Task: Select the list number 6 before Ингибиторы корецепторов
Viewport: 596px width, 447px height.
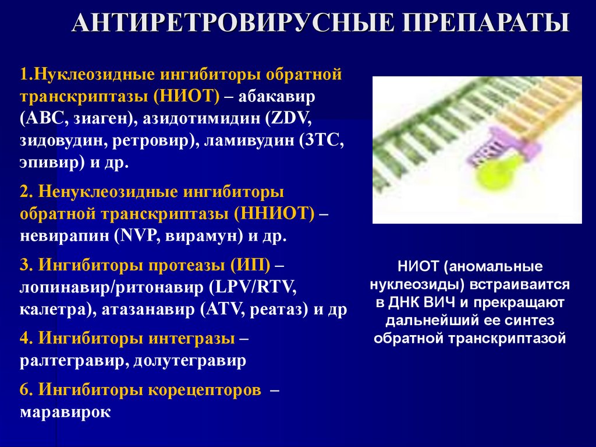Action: tap(24, 390)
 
